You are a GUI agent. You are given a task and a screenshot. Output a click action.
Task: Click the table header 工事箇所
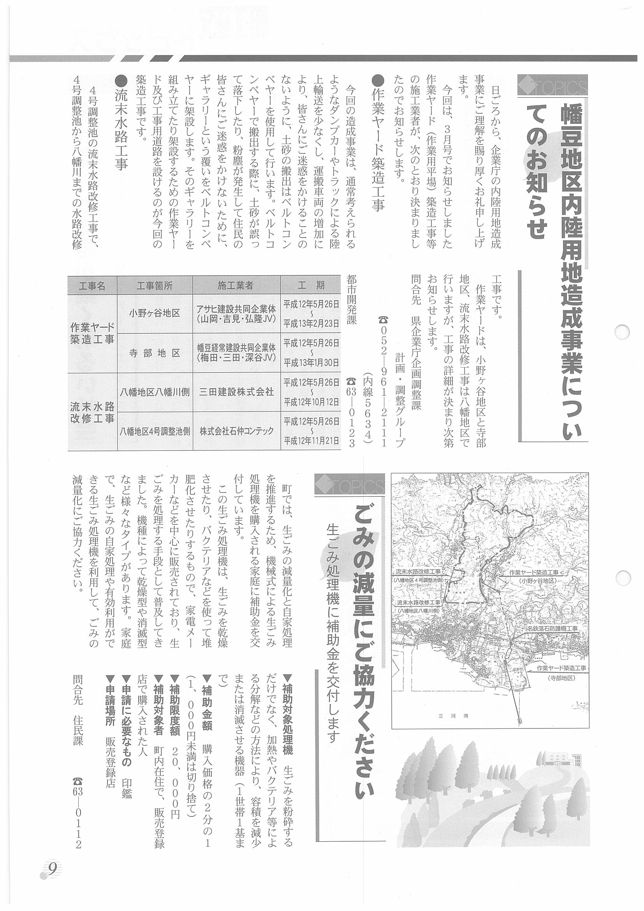click(x=154, y=286)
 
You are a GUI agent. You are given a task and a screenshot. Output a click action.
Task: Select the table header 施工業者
click(x=236, y=286)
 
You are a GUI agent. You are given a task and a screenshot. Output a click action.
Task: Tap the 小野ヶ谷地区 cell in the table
click(x=154, y=313)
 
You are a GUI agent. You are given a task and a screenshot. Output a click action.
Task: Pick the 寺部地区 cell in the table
click(x=154, y=353)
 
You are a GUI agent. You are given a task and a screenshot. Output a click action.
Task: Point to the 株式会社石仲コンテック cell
click(x=236, y=431)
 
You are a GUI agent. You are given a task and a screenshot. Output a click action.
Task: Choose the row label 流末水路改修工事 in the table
click(x=92, y=412)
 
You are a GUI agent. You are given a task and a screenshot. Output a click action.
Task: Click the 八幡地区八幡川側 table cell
click(x=154, y=392)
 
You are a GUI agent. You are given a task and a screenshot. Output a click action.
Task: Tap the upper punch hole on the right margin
click(x=621, y=331)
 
